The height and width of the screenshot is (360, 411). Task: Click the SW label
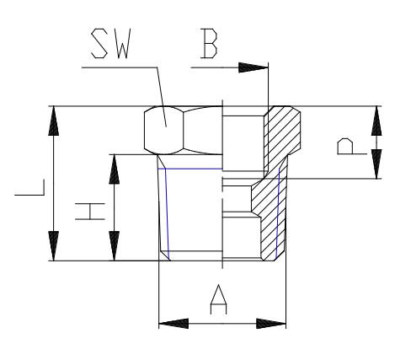tap(111, 44)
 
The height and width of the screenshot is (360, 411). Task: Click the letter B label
tap(209, 44)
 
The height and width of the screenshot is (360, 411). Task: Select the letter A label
tap(218, 299)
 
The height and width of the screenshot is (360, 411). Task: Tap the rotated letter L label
tap(29, 187)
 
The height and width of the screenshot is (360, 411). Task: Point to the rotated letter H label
tap(90, 212)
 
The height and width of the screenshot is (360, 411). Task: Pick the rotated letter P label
tap(352, 147)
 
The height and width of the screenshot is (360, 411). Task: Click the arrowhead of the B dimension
tap(254, 67)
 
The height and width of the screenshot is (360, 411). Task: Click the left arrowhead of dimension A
tap(173, 324)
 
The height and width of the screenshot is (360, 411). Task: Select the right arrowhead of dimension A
tap(271, 324)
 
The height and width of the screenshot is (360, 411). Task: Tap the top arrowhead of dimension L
tap(54, 121)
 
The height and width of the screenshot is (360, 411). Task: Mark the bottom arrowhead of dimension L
tap(54, 246)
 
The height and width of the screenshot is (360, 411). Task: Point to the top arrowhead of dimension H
tap(114, 169)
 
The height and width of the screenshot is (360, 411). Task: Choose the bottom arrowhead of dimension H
tap(114, 246)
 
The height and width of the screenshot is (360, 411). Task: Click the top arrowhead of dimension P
tap(376, 121)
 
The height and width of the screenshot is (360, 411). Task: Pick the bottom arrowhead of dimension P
tap(376, 164)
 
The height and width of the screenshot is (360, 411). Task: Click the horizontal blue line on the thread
tap(190, 169)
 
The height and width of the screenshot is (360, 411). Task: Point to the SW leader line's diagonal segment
tap(162, 97)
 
